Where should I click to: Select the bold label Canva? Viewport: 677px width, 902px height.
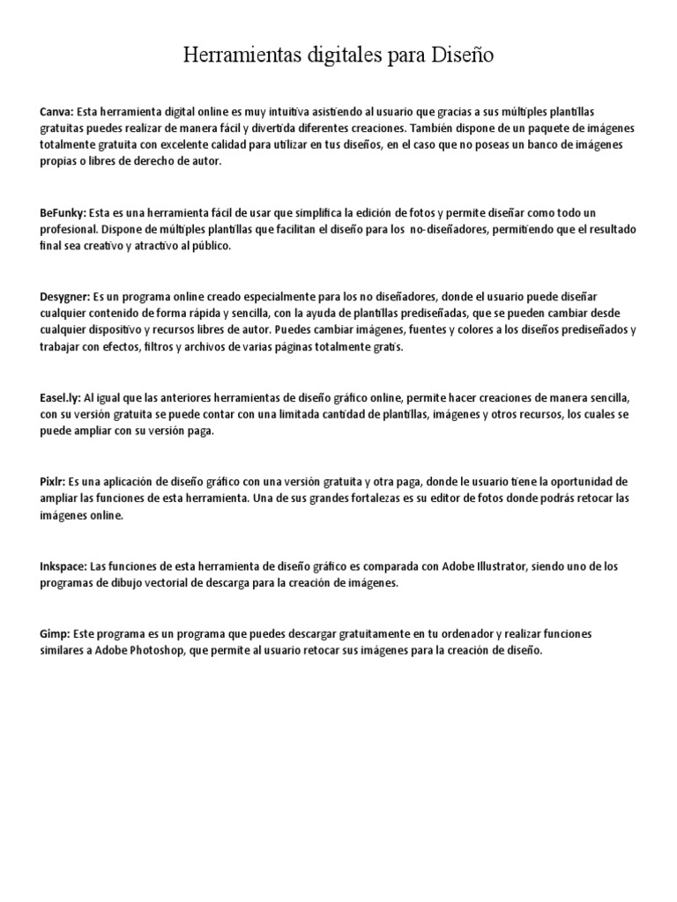coord(56,112)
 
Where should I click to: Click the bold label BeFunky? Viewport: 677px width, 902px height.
coord(63,213)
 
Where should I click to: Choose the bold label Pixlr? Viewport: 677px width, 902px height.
coord(53,483)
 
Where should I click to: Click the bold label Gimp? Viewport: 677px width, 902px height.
coord(55,634)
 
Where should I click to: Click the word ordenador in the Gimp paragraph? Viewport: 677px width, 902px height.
coord(450,634)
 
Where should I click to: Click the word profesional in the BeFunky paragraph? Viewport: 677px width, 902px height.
coord(67,230)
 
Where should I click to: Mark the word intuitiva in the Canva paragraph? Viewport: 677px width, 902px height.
coord(267,112)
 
